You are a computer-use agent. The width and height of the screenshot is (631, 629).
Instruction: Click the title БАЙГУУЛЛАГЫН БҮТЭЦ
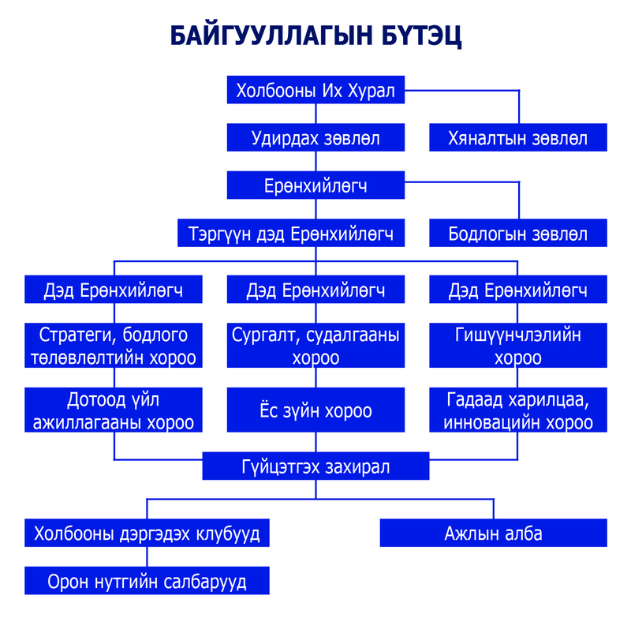[315, 36]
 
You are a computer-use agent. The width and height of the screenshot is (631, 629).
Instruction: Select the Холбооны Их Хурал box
[315, 90]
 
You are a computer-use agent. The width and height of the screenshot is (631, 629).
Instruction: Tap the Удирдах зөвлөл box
[315, 137]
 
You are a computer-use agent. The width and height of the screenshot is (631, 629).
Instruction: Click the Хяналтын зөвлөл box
[518, 137]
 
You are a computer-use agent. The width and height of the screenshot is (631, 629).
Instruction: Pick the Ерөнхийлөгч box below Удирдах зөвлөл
[315, 185]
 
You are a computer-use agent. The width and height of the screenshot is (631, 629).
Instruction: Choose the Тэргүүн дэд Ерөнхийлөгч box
[291, 233]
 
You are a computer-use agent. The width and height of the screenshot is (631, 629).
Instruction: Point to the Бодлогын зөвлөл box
[518, 233]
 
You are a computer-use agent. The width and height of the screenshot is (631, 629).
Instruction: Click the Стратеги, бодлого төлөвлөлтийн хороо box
[114, 345]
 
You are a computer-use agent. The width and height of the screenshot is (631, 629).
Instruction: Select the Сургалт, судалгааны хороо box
[315, 345]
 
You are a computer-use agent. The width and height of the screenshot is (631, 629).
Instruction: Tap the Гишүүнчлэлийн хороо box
[518, 345]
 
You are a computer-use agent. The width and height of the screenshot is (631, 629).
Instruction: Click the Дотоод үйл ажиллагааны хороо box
[114, 410]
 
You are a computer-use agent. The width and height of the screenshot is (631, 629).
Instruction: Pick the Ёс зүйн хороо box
[315, 410]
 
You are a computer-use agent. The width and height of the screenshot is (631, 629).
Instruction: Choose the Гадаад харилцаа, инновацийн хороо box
[518, 410]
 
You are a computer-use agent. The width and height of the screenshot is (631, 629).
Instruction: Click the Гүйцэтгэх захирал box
[315, 466]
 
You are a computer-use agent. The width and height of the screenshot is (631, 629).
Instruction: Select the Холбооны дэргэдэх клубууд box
[147, 533]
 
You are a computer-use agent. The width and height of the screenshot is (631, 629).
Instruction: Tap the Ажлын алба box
[494, 533]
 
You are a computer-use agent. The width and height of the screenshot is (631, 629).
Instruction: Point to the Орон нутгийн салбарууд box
[147, 580]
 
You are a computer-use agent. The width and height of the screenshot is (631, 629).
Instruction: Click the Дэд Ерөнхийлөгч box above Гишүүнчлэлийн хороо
[518, 289]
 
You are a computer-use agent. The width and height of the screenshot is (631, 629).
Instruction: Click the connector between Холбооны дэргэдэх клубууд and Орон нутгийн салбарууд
[147, 556]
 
